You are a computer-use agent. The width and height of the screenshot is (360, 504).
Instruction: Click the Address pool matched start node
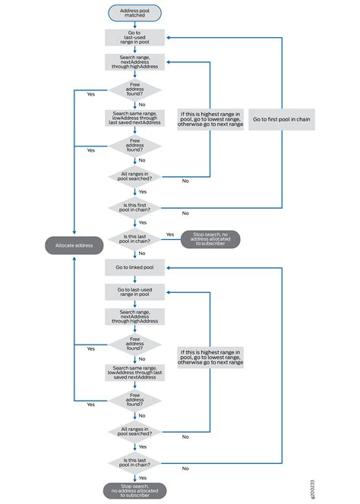pos(134,14)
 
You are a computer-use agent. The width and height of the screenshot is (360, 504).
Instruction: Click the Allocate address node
pos(73,245)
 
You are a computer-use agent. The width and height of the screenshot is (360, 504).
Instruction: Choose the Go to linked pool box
pos(134,268)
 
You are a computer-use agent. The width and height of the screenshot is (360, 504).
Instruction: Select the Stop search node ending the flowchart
pos(134,490)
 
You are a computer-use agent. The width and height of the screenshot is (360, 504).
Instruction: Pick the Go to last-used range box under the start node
pos(134,38)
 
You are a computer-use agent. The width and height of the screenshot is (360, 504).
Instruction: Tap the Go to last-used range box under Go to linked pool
pos(134,293)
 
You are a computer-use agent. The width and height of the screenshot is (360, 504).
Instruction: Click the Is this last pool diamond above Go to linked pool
pos(134,239)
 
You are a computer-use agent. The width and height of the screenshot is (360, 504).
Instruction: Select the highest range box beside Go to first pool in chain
pos(210,119)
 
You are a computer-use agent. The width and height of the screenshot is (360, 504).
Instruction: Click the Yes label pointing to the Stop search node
pos(169,235)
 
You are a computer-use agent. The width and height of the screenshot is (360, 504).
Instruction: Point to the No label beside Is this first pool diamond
pos(185,213)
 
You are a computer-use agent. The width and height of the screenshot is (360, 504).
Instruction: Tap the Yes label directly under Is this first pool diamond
pos(143,222)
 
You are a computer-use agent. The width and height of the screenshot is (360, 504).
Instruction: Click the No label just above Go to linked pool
pos(142,254)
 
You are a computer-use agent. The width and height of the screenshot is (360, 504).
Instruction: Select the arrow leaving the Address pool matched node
pos(134,25)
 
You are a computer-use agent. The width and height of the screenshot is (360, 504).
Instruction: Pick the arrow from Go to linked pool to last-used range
pos(134,280)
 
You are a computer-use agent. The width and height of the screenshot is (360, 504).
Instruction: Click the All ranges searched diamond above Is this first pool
pos(134,177)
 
